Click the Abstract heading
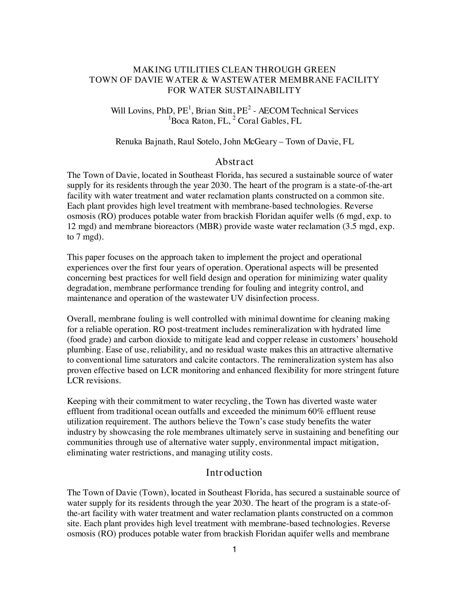234,162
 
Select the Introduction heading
234,473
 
